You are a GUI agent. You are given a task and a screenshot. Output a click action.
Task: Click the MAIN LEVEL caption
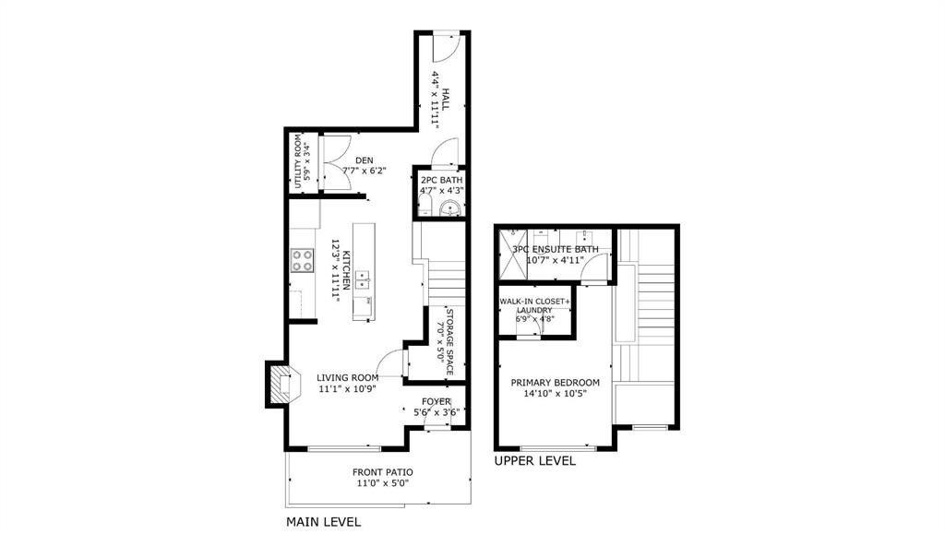click(323, 522)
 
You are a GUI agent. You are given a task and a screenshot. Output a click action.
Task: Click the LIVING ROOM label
click(348, 377)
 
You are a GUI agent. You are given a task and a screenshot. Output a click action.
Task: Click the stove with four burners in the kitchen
click(303, 261)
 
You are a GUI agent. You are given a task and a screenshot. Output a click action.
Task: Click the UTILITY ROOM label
click(299, 163)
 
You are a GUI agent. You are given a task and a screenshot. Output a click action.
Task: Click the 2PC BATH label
click(441, 180)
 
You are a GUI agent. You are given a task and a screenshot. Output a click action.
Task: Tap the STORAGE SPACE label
click(450, 338)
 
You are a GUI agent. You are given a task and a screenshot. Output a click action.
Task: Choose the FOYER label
click(437, 401)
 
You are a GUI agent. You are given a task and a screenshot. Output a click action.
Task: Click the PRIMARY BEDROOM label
click(556, 383)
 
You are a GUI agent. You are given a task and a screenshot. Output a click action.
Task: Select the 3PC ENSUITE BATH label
click(556, 249)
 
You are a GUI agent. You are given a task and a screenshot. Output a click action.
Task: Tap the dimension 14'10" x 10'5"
click(556, 394)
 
